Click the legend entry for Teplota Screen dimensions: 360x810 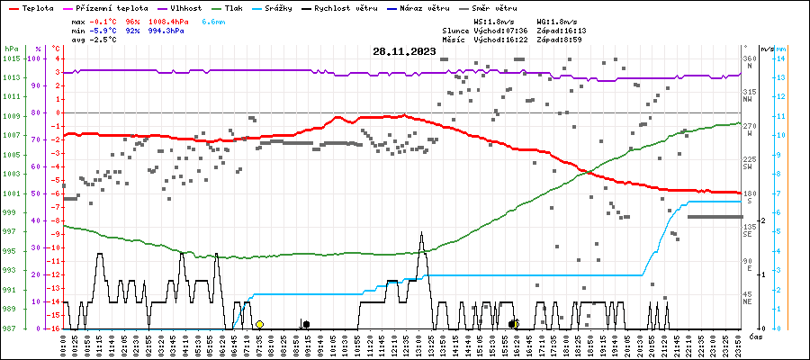coord(32,7)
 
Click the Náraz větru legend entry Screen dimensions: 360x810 coord(424,7)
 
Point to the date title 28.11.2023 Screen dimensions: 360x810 coord(404,51)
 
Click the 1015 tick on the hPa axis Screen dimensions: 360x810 coord(11,58)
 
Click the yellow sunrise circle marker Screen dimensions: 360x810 coord(259,324)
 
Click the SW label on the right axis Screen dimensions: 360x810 coord(749,166)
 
